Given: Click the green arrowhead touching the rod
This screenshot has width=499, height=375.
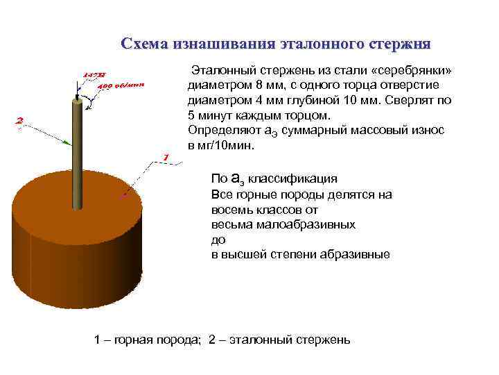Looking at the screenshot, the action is pos(67,142).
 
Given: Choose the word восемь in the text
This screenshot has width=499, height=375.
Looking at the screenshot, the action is pos(229,209).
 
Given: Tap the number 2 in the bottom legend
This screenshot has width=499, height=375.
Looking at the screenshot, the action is pos(213,340).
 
